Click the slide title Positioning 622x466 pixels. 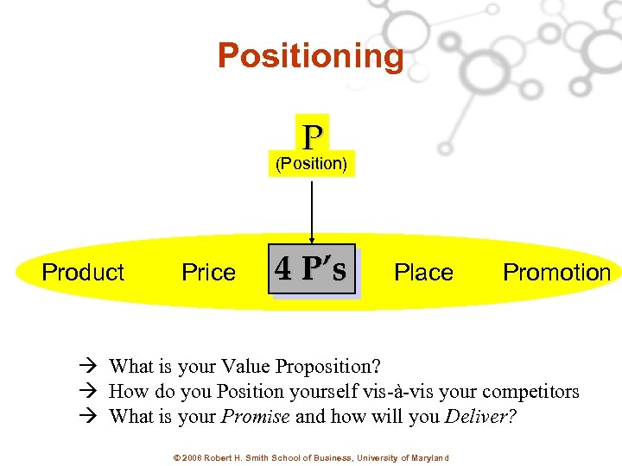pos(310,56)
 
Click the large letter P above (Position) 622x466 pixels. pos(312,136)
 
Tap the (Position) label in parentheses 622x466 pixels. pos(311,163)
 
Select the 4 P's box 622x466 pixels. pos(311,270)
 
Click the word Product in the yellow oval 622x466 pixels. pos(83,273)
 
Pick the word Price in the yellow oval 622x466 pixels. pos(208,273)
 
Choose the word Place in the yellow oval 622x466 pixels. pos(423,273)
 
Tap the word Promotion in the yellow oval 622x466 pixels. pos(556,273)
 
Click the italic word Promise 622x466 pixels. pos(256,417)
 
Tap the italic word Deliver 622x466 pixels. pos(479,417)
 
